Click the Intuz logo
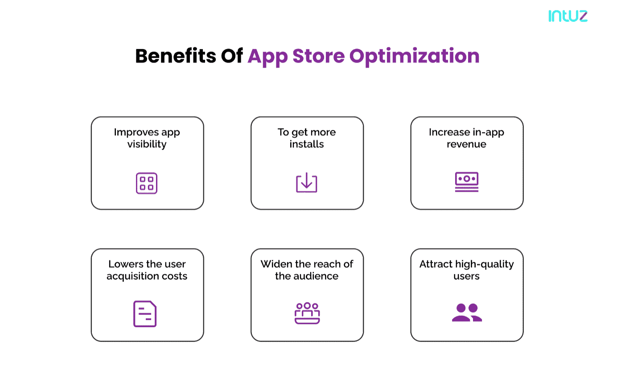coord(568,16)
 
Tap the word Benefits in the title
coord(176,56)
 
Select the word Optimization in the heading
coord(414,57)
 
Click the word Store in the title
coord(318,56)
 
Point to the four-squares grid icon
coord(147,183)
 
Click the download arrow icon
coord(307,183)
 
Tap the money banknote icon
coord(467,182)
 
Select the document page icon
coord(145,313)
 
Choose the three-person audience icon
coord(307,313)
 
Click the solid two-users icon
coord(467,313)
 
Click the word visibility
coord(147,144)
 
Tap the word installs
coord(307,144)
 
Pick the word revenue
coord(466,144)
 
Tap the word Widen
coord(276,264)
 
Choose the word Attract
coord(436,264)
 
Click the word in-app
coord(488,133)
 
